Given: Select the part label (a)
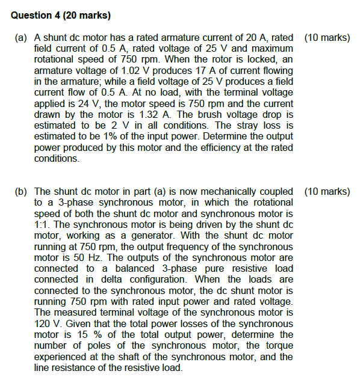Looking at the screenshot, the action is point(20,37).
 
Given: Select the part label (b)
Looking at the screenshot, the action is point(20,192).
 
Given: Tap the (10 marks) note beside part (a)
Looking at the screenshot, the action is point(327,37).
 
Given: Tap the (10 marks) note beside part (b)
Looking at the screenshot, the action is point(327,192).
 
